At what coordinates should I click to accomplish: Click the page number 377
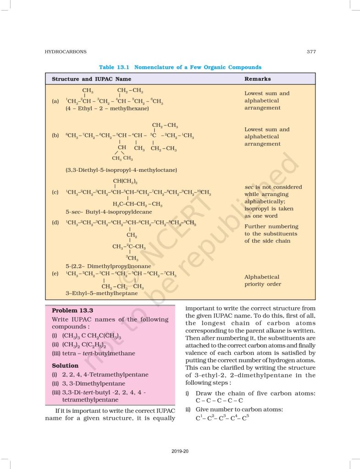click(x=311, y=52)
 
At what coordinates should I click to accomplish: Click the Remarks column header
click(x=257, y=79)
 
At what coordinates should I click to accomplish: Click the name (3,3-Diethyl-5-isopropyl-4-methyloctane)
click(x=121, y=170)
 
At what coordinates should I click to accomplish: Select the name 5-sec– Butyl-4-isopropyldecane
click(x=109, y=212)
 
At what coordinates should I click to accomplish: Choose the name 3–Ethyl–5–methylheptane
click(x=101, y=293)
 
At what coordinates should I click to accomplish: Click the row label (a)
click(x=55, y=101)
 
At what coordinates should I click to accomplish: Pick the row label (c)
click(x=55, y=192)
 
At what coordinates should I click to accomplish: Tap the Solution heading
click(x=65, y=365)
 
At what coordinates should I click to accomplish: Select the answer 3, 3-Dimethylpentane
click(x=93, y=383)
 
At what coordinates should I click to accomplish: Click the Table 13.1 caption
click(x=180, y=67)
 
